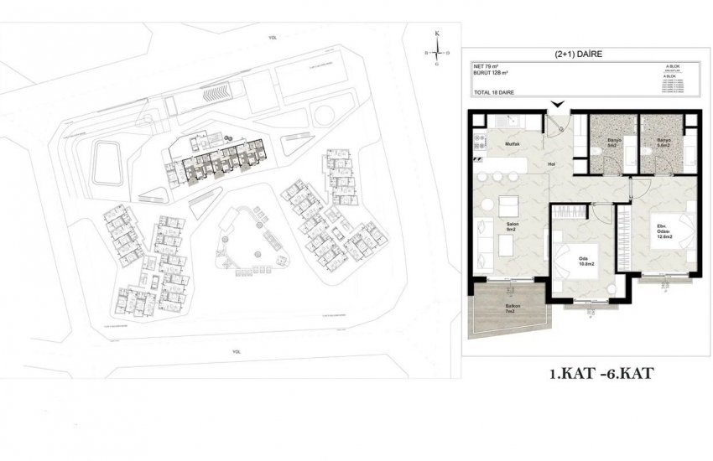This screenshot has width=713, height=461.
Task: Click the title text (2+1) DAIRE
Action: pyautogui.click(x=578, y=54)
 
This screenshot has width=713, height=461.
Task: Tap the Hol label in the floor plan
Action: pyautogui.click(x=552, y=164)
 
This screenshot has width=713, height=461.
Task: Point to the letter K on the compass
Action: pyautogui.click(x=436, y=33)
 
